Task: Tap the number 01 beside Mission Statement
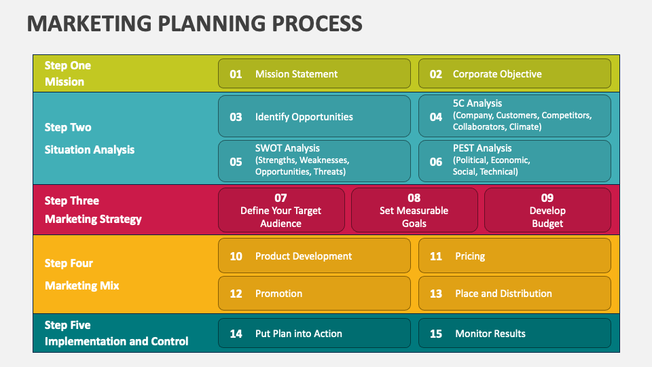pos(236,74)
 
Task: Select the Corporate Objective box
pos(514,74)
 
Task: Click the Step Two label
pos(68,127)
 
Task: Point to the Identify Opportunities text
pos(304,117)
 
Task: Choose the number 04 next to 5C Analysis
pos(436,117)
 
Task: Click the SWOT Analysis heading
pos(287,148)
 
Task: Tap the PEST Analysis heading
pos(482,148)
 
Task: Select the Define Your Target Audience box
pos(280,210)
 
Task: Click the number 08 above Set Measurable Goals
pos(414,198)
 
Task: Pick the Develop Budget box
pos(547,210)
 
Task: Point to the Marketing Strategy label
pos(93,219)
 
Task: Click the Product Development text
pos(304,256)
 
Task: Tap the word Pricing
pos(470,256)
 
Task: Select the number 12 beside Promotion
pos(236,294)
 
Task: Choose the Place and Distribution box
pos(514,294)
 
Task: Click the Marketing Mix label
pos(81,285)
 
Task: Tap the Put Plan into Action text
pos(299,334)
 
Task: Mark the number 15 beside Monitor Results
pos(436,334)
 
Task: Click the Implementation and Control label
pos(116,341)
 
